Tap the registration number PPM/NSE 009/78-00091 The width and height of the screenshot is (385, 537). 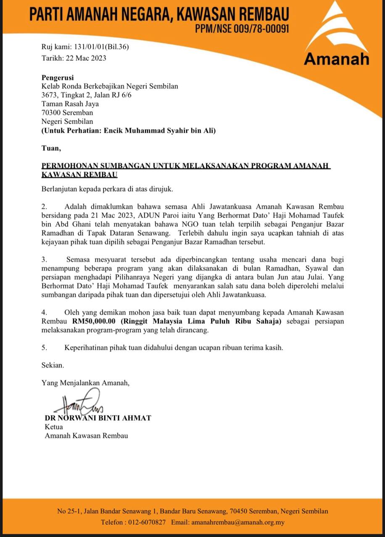click(x=242, y=29)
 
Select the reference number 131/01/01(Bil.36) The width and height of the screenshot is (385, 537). click(x=102, y=47)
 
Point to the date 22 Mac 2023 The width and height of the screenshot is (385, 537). click(x=85, y=58)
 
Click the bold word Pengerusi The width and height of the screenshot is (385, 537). click(x=58, y=77)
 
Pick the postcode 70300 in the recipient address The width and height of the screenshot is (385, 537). click(x=52, y=112)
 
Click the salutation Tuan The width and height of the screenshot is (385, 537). click(x=51, y=148)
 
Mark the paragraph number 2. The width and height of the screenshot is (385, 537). click(x=44, y=206)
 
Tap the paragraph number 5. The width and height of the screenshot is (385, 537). click(x=44, y=347)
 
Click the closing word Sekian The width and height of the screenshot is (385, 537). click(x=53, y=365)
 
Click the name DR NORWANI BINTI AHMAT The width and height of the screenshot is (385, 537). click(x=98, y=417)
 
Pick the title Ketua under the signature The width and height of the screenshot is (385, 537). click(x=54, y=427)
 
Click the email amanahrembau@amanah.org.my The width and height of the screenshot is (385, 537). click(x=238, y=522)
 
